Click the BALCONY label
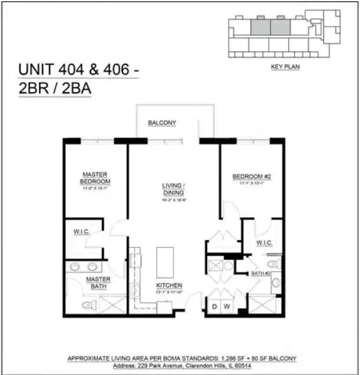(x=162, y=122)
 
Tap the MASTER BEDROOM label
(x=96, y=178)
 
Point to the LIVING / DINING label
(x=173, y=188)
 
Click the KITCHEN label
(x=169, y=286)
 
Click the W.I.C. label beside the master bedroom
(x=81, y=232)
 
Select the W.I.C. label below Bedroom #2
(x=264, y=243)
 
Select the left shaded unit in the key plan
(x=259, y=26)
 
